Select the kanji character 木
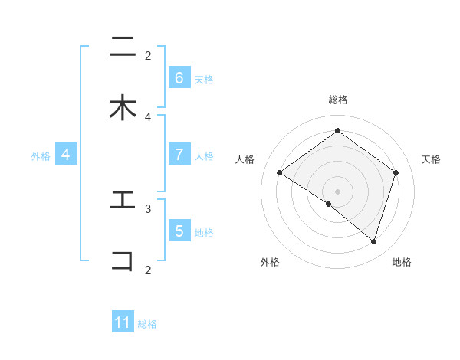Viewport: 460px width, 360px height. (x=123, y=108)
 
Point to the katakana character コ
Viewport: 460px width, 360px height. (x=123, y=260)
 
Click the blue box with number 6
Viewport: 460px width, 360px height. (x=179, y=78)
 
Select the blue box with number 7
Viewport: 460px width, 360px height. (x=179, y=155)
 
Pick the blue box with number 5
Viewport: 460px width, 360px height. (x=179, y=231)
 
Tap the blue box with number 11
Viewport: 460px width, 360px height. (x=123, y=322)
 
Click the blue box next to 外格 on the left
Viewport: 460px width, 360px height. (x=66, y=155)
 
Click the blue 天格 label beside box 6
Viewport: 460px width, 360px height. (x=204, y=79)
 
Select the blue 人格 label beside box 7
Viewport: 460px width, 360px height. (x=204, y=155)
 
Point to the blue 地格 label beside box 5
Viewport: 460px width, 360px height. (x=204, y=232)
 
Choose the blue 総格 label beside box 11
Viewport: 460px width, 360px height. (x=147, y=324)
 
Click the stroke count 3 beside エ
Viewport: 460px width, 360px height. (x=148, y=208)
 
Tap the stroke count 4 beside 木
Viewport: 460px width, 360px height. (x=148, y=116)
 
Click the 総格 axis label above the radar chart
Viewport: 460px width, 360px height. (x=337, y=100)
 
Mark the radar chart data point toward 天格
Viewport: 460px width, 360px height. (x=396, y=172)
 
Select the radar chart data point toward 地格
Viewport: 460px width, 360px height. (x=373, y=241)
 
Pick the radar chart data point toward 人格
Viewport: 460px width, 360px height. (x=279, y=172)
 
